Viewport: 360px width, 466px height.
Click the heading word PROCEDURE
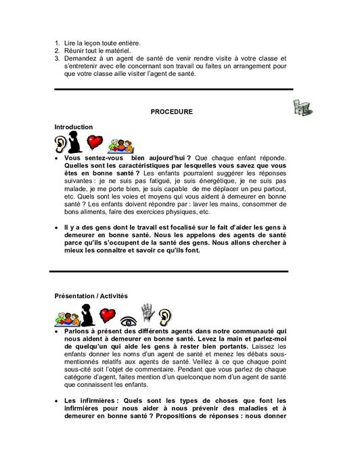click(171, 112)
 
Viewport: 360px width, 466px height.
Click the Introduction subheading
click(74, 127)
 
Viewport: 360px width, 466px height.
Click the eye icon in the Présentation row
click(129, 319)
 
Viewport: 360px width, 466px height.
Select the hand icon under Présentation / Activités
click(148, 313)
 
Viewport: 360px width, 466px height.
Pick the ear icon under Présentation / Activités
click(164, 316)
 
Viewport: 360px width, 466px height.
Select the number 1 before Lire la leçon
click(57, 43)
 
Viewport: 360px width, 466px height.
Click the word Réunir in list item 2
click(74, 51)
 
